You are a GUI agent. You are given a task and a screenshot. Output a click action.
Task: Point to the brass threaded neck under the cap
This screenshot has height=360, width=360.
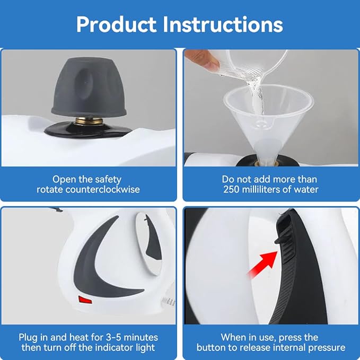(87, 121)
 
